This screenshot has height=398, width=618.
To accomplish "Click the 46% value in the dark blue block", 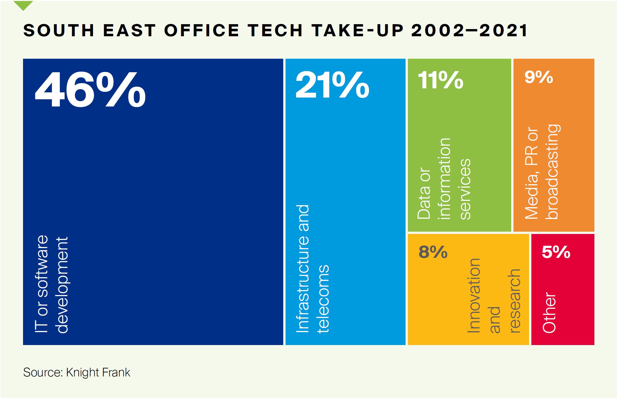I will (x=90, y=90).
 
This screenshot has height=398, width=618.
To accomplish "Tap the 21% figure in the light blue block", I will (x=332, y=85).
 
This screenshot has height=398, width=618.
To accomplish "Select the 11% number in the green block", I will (x=440, y=80).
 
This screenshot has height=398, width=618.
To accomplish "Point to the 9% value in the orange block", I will (x=539, y=77).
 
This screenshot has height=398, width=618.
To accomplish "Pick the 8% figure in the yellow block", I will (x=433, y=252).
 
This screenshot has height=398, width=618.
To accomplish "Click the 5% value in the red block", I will (x=556, y=252).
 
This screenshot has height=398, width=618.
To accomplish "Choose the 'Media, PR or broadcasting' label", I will (x=541, y=173).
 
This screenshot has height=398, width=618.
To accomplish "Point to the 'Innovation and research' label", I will (x=494, y=296).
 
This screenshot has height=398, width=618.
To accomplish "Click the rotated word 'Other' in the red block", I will (x=549, y=313).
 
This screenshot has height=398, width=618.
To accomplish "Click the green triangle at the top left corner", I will (x=23, y=5).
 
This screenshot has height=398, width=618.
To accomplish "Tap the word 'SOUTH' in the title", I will (x=59, y=31).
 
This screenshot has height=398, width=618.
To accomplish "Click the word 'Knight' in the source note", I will (x=83, y=372).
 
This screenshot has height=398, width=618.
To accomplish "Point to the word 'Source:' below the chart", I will (x=43, y=372).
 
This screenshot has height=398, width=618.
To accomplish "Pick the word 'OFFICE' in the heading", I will (x=201, y=31).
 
